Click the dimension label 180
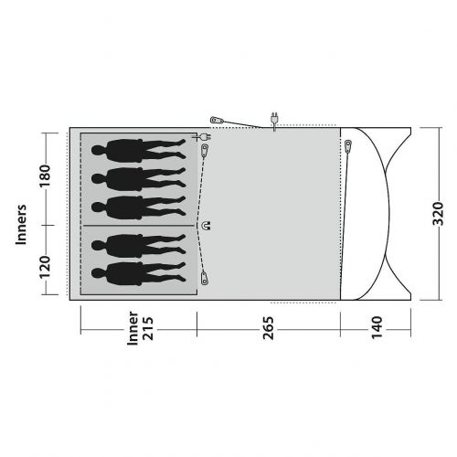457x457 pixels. [x=45, y=176]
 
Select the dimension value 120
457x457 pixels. [x=45, y=267]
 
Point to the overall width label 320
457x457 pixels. [x=438, y=214]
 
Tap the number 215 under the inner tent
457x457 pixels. [x=148, y=328]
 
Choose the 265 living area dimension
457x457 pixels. [x=269, y=328]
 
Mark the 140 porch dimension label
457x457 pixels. [x=377, y=327]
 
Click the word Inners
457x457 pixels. [x=21, y=225]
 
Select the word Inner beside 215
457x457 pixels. [x=133, y=328]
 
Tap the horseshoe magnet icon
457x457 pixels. [x=207, y=226]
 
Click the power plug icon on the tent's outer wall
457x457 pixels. [x=274, y=121]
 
